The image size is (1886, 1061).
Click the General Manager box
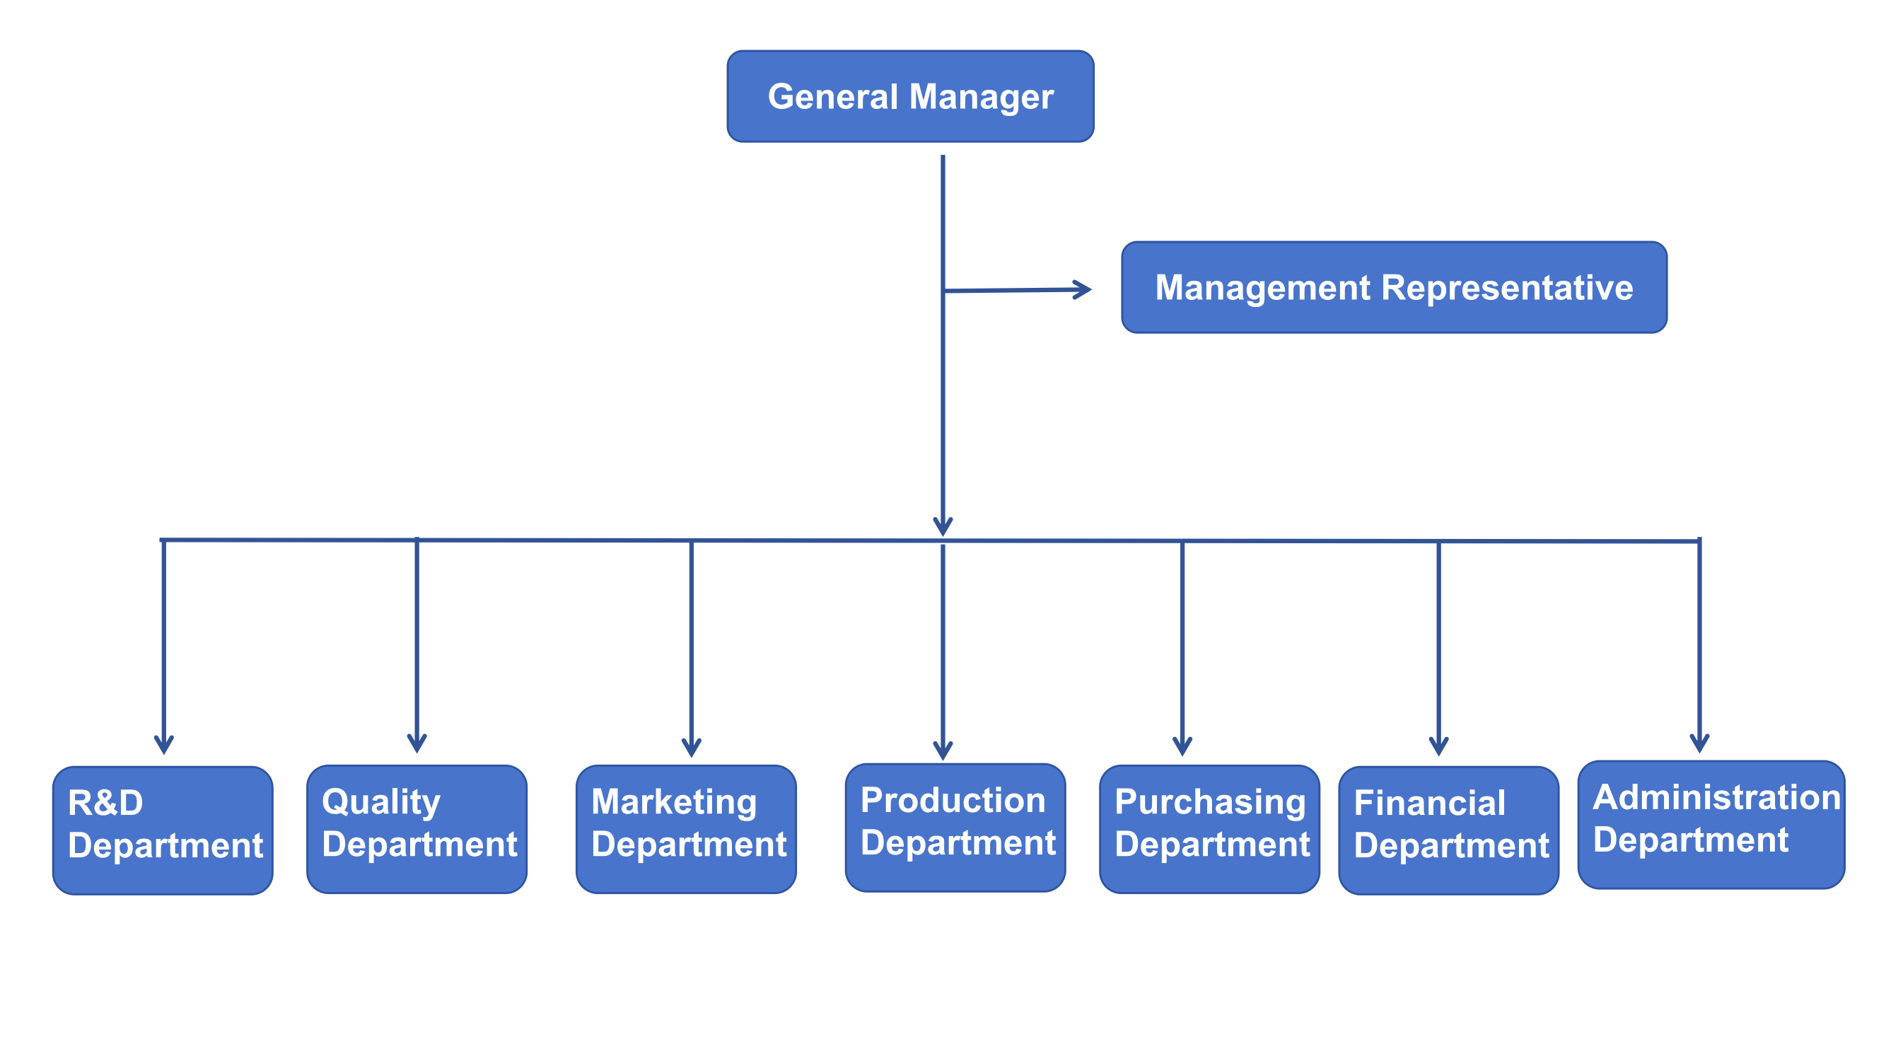(x=910, y=96)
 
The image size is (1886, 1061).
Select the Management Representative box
(x=1394, y=287)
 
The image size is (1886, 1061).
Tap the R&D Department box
(x=163, y=830)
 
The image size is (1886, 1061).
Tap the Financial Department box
(x=1448, y=830)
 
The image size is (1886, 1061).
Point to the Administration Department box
(x=1711, y=824)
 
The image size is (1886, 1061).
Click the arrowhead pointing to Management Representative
(x=1083, y=289)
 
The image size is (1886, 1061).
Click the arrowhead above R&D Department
(x=163, y=745)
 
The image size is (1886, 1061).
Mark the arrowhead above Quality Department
(x=417, y=743)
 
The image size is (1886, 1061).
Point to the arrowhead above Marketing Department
(x=691, y=748)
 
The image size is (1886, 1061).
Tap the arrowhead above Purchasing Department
(x=1182, y=746)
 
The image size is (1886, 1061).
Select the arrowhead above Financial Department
(x=1438, y=746)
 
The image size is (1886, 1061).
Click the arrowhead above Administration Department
(x=1699, y=743)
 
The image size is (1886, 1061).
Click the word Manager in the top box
(x=981, y=98)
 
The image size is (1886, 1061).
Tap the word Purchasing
(x=1209, y=802)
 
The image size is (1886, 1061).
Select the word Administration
(x=1716, y=796)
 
